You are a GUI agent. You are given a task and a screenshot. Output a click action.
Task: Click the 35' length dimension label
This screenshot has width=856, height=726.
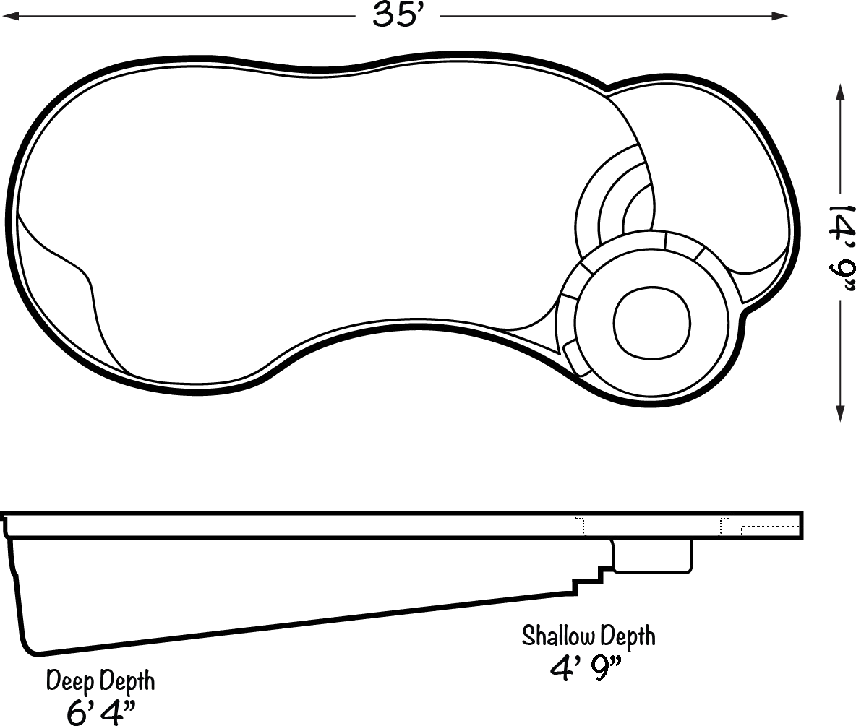coord(398,14)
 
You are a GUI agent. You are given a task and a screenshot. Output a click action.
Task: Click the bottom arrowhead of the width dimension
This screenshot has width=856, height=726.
coord(840,412)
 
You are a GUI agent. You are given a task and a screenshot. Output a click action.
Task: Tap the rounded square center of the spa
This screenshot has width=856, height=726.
coord(652,323)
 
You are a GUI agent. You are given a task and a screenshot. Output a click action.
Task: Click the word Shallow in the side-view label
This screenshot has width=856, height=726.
coord(558,636)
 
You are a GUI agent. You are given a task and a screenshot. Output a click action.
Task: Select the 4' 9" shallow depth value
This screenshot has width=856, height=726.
coord(586,669)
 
